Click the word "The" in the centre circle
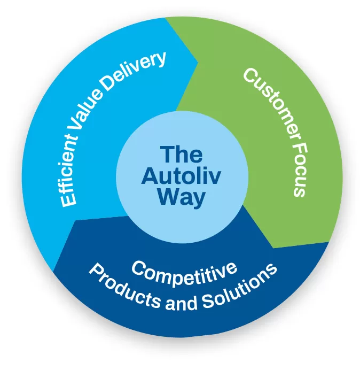(182, 156)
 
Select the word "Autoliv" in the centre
(182, 176)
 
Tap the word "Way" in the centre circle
(182, 198)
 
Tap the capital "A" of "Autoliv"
(149, 176)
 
